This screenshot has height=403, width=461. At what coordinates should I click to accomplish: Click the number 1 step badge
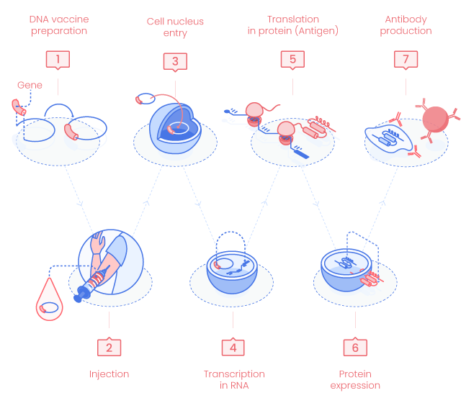pyautogui.click(x=58, y=59)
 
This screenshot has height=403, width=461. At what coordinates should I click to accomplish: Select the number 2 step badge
pyautogui.click(x=109, y=347)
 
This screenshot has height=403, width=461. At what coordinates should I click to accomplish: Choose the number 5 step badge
pyautogui.click(x=293, y=59)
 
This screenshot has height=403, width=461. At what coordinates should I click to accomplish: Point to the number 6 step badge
pyautogui.click(x=355, y=347)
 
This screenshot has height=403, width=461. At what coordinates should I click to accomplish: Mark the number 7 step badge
pyautogui.click(x=406, y=59)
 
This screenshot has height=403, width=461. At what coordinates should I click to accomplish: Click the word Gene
pyautogui.click(x=30, y=86)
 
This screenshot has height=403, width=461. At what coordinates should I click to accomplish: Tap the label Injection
pyautogui.click(x=109, y=374)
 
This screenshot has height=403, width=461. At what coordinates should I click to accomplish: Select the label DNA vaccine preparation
pyautogui.click(x=59, y=25)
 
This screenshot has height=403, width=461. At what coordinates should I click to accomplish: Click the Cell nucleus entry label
pyautogui.click(x=175, y=27)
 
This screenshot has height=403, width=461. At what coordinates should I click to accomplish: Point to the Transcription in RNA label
pyautogui.click(x=233, y=380)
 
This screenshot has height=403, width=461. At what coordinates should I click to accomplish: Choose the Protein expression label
pyautogui.click(x=355, y=380)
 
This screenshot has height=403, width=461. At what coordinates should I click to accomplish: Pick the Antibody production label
pyautogui.click(x=406, y=25)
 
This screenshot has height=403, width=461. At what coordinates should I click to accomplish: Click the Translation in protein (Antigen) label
pyautogui.click(x=292, y=25)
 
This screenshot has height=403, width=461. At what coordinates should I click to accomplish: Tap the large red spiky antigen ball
pyautogui.click(x=434, y=119)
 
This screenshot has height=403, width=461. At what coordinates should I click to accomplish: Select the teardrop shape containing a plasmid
pyautogui.click(x=50, y=302)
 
